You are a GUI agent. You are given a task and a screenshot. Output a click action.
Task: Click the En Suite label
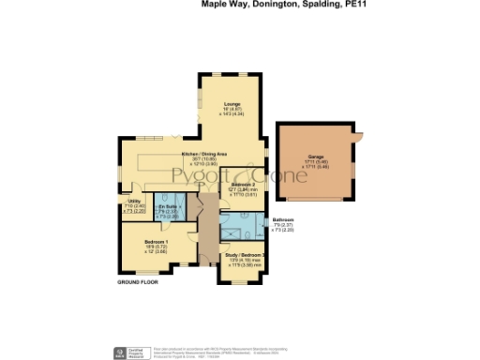pos(168,205)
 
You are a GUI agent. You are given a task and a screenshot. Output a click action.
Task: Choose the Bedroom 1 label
pos(142,242)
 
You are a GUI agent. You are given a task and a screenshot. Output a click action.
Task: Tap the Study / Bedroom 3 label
pos(245,255)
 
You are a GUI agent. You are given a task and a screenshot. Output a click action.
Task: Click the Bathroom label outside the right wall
pos(283,219)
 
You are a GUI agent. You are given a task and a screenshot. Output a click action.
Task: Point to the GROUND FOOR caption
pos(137,281)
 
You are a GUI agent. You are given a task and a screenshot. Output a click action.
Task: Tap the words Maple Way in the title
pos(223,4)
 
